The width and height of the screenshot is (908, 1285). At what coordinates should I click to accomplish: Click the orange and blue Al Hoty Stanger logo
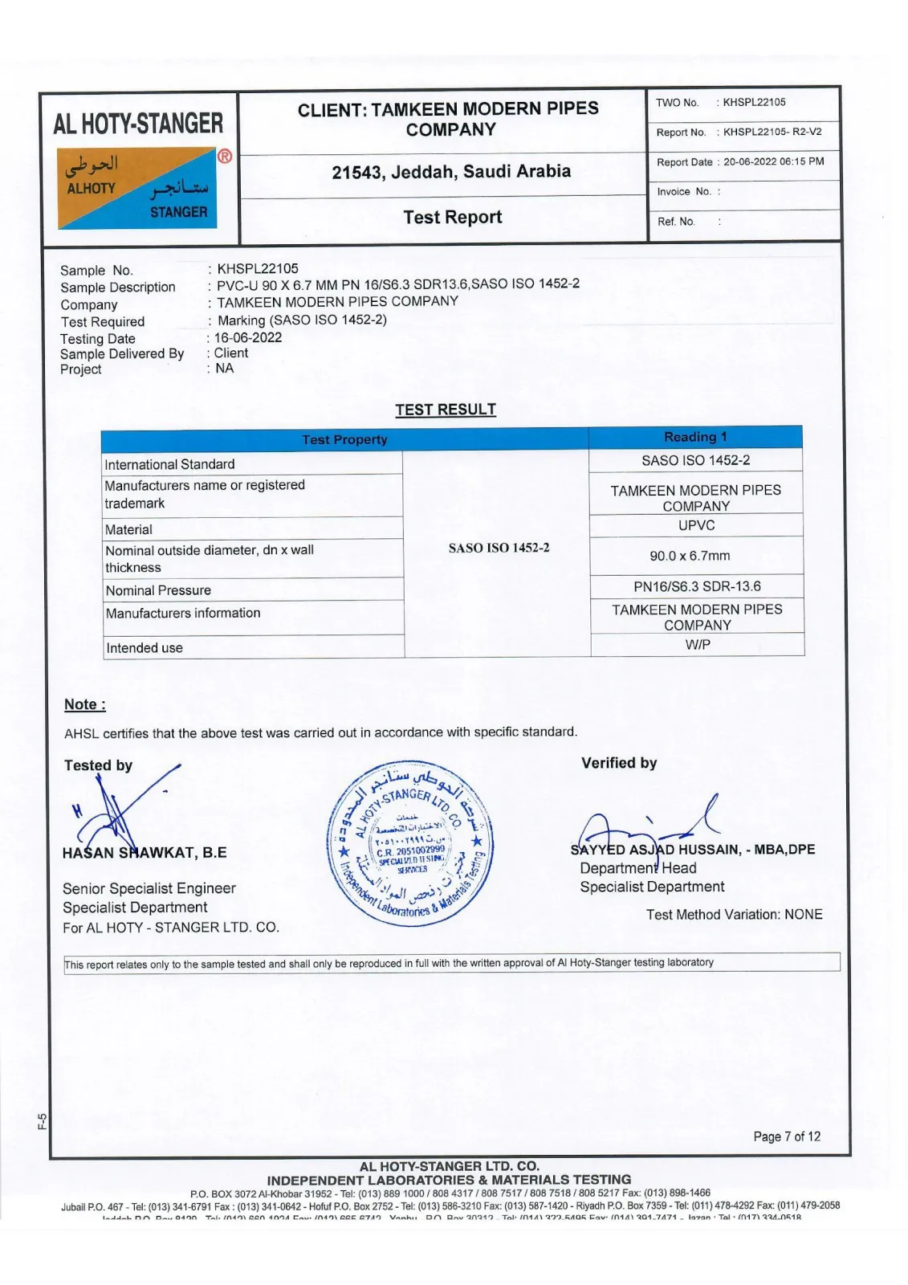(x=137, y=188)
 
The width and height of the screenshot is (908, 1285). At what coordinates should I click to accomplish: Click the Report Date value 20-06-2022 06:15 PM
(x=773, y=161)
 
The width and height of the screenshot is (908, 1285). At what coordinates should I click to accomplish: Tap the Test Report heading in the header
(x=452, y=218)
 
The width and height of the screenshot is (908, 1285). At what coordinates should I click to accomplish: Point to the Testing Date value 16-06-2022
(x=248, y=337)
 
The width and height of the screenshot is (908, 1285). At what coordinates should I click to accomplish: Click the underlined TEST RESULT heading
(x=446, y=410)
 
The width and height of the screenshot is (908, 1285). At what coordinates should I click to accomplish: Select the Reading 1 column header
(x=695, y=437)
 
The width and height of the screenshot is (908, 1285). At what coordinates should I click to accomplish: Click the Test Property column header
(x=344, y=439)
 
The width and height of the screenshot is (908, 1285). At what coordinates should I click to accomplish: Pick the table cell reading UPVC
(x=696, y=525)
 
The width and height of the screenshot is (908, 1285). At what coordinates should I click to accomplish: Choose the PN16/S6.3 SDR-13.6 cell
(x=697, y=586)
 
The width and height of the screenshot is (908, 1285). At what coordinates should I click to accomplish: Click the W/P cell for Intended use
(x=698, y=644)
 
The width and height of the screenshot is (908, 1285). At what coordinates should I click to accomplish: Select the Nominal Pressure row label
(x=158, y=590)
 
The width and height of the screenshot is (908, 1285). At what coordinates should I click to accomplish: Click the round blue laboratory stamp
(x=410, y=842)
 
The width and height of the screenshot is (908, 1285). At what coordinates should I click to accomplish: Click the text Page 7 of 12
(x=787, y=1136)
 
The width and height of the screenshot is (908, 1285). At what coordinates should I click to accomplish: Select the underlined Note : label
(x=85, y=705)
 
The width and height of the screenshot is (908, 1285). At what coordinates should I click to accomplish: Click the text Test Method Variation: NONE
(x=734, y=915)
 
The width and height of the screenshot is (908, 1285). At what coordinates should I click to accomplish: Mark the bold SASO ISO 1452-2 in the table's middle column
(x=499, y=548)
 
